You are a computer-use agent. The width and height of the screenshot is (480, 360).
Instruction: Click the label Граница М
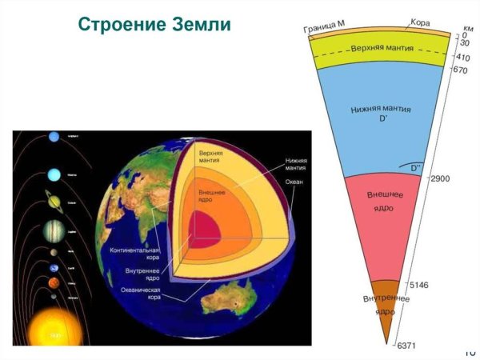(325, 29)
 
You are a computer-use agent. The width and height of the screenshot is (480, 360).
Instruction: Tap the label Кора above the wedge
(421, 22)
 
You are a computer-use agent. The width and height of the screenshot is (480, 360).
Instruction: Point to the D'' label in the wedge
(415, 168)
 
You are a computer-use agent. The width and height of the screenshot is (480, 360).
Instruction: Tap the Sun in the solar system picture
(55, 328)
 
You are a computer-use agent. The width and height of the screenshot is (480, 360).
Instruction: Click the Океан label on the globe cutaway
(294, 182)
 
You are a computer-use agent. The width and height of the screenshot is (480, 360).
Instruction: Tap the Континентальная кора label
(134, 254)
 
